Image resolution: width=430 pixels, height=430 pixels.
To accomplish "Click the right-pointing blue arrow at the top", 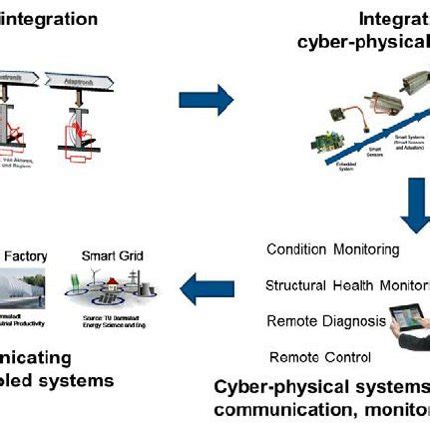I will (206, 99).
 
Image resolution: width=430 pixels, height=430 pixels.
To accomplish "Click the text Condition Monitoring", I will (332, 249).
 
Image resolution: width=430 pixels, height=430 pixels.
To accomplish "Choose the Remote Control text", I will (320, 356).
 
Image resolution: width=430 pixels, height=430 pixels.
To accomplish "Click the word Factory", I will (24, 255).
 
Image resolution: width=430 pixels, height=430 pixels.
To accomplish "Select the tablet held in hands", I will (409, 320).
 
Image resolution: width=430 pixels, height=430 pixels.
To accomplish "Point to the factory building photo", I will (22, 289).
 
